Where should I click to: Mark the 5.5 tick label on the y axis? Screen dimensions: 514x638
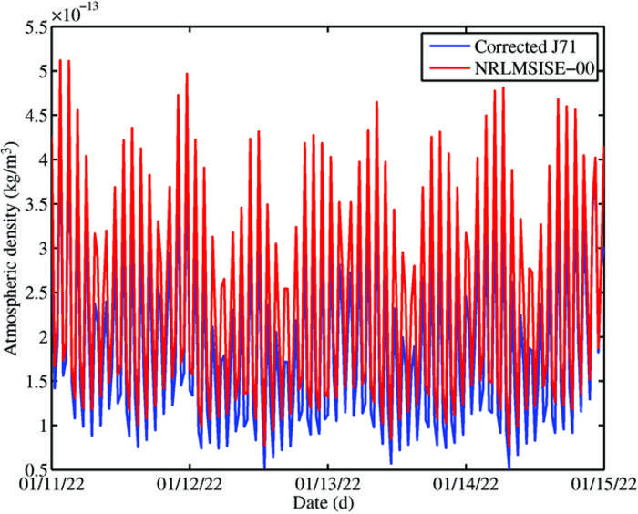pos(35,28)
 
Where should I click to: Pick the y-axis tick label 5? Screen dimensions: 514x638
pos(41,72)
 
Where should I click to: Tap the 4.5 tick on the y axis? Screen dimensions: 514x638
pos(35,116)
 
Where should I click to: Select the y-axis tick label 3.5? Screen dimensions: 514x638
pos(35,204)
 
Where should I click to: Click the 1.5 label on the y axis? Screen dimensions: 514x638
pos(35,381)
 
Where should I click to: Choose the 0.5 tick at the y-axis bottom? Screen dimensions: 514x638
pos(35,468)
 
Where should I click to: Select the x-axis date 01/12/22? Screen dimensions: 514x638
pos(190,484)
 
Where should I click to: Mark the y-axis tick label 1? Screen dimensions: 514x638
pos(41,425)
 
